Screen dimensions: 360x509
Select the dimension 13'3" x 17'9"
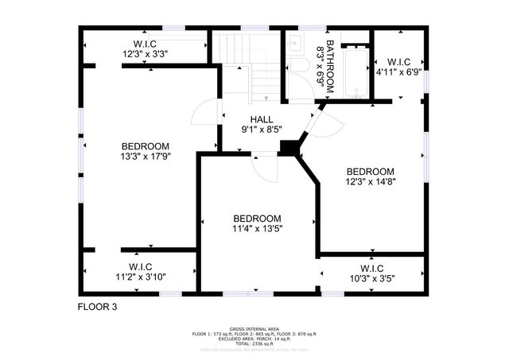(146, 157)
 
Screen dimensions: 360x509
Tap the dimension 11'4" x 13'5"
(257, 229)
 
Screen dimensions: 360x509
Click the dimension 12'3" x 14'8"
(370, 181)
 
